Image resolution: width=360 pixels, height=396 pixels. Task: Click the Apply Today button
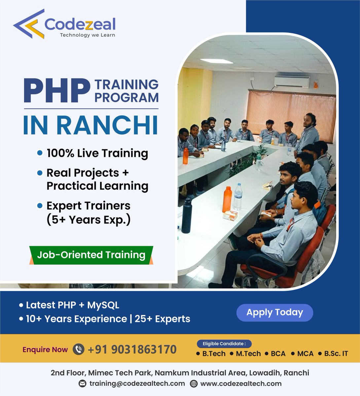(274, 313)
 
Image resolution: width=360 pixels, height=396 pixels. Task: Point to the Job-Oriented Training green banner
(91, 255)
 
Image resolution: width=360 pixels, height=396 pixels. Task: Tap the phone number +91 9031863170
(132, 349)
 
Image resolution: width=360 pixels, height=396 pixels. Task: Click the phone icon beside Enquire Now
(78, 349)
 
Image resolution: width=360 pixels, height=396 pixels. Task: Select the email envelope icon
(83, 383)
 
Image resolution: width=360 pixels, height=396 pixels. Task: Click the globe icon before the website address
(194, 383)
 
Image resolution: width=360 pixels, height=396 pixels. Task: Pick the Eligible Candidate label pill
(224, 344)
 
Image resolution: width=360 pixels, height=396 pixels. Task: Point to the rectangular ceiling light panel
(216, 61)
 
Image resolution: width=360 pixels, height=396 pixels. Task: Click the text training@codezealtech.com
(137, 383)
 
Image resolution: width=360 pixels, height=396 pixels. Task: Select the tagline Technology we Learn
(87, 35)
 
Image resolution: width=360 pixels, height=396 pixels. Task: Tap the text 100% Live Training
(97, 153)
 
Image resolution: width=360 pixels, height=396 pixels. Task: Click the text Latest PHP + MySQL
(72, 305)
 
